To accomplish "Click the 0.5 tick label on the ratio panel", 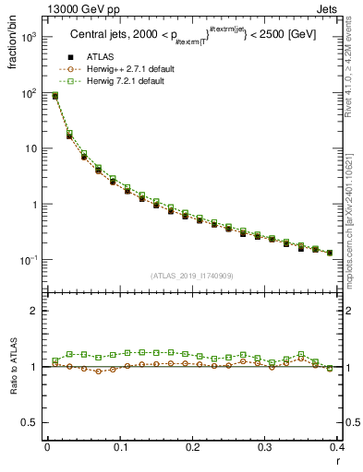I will point(30,422).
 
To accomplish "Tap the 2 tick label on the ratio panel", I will point(34,311).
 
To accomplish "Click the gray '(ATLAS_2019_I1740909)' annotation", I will point(191,276).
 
